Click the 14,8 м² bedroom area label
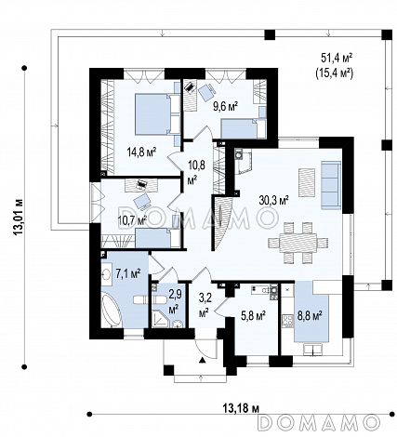pyautogui.click(x=141, y=152)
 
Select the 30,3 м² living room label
pyautogui.click(x=274, y=201)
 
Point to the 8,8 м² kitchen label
pyautogui.click(x=310, y=316)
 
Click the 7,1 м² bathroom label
pyautogui.click(x=128, y=274)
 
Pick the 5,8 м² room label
pyautogui.click(x=253, y=316)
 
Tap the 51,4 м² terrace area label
pyautogui.click(x=337, y=58)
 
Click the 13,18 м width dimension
pyautogui.click(x=241, y=409)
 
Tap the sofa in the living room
pyautogui.click(x=331, y=185)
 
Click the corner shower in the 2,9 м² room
pyautogui.click(x=159, y=319)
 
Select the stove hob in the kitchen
pyautogui.click(x=287, y=321)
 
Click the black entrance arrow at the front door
pyautogui.click(x=202, y=360)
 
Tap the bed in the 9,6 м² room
pyautogui.click(x=244, y=129)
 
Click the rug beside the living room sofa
pyautogui.click(x=307, y=182)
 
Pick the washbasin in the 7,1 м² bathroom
pyautogui.click(x=106, y=273)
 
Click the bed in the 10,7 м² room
pyautogui.click(x=157, y=238)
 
